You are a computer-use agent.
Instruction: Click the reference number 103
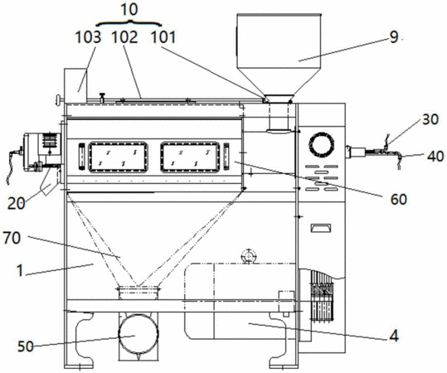(88, 37)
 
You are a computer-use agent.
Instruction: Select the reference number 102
(124, 37)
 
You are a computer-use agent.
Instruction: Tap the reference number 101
(163, 37)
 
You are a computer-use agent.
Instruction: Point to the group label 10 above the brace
(129, 10)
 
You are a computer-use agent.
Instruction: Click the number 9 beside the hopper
(394, 37)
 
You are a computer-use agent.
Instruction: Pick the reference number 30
(430, 119)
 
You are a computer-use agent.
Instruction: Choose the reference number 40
(435, 157)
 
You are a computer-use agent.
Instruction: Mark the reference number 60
(399, 200)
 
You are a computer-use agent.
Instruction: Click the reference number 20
(16, 204)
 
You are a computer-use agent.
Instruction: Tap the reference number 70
(12, 238)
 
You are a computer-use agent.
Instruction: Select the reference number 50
(26, 346)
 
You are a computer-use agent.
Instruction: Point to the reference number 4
(394, 336)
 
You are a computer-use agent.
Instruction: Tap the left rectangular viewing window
(118, 157)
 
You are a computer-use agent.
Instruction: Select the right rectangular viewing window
(190, 157)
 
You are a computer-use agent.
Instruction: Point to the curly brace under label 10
(129, 22)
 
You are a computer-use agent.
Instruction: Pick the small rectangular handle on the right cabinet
(321, 228)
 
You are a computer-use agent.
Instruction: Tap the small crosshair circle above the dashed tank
(249, 256)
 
